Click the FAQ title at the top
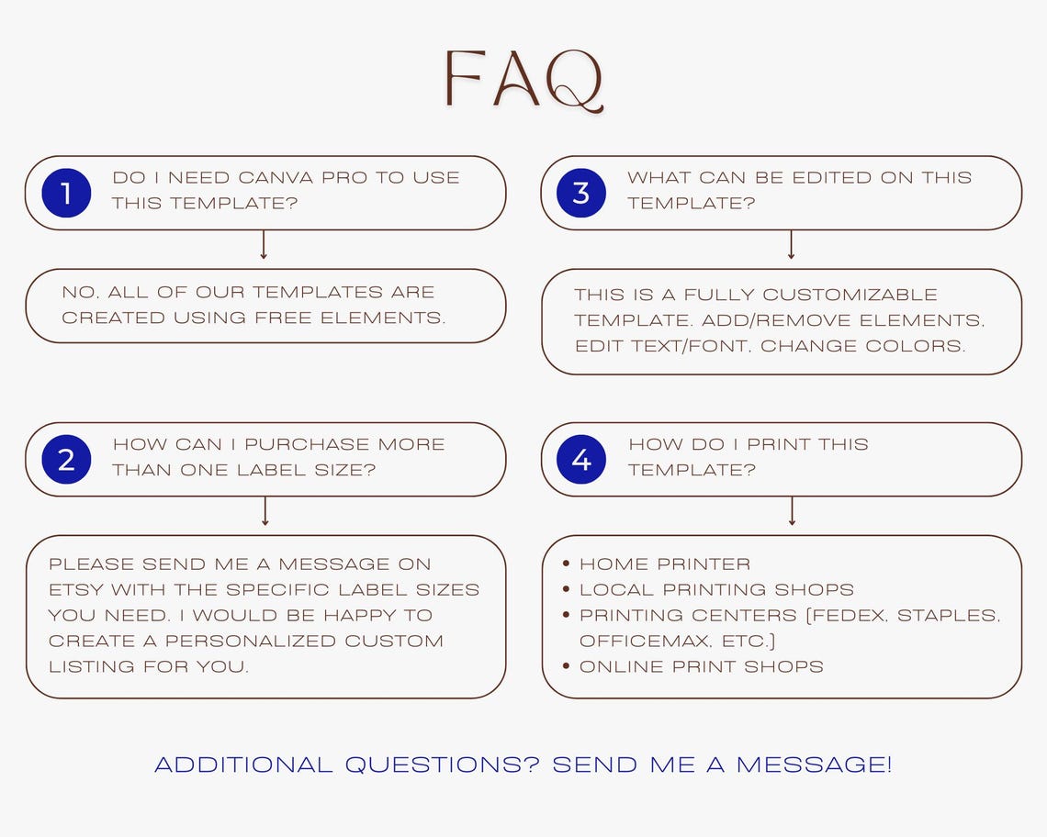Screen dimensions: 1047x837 524,79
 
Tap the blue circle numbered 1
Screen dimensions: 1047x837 66,193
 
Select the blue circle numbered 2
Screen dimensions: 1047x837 66,459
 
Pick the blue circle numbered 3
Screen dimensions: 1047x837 581,193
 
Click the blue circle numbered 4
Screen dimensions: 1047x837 581,459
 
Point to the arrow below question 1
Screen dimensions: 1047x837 264,244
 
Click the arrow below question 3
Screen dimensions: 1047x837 792,244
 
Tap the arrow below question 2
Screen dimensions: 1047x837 265,510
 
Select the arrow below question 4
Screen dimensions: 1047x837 792,510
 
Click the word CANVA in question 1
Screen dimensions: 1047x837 276,177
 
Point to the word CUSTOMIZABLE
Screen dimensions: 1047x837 850,295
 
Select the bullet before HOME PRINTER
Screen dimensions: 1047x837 567,564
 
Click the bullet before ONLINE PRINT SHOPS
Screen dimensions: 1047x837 567,665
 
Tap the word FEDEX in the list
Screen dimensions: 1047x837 847,616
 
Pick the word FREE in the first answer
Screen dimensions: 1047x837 283,318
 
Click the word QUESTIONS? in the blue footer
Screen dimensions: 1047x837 442,764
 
